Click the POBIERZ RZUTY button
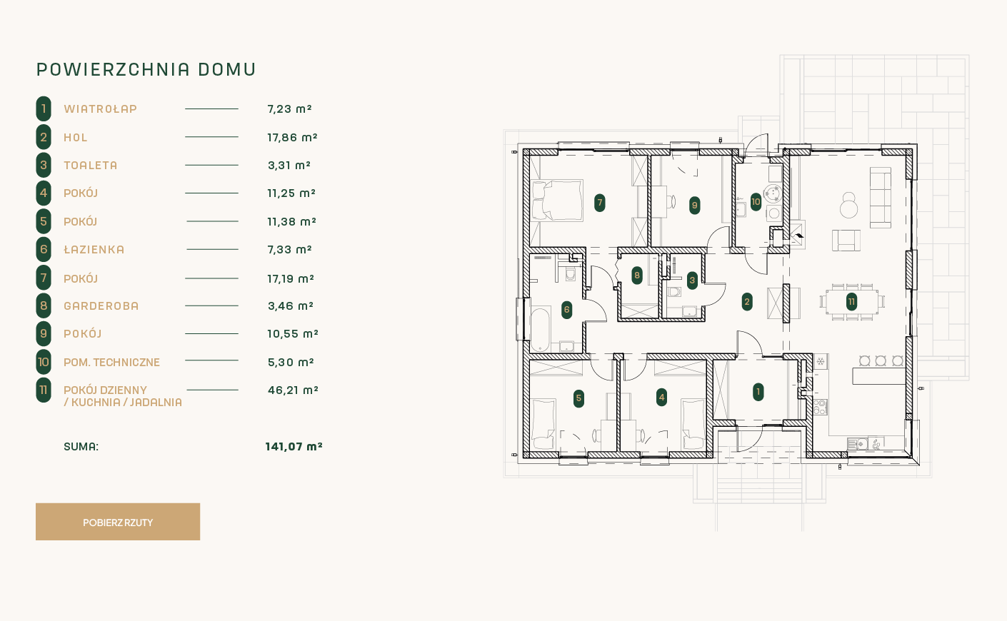118,522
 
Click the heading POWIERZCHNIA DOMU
146,70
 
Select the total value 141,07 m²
294,447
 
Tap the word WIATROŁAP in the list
100,108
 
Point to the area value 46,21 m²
293,390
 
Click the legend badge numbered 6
44,249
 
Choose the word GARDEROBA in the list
101,306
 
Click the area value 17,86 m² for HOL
292,138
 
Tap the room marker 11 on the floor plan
851,301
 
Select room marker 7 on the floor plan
600,203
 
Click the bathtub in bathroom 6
540,329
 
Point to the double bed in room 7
557,201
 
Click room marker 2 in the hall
747,302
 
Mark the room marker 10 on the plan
756,202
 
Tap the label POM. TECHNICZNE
112,362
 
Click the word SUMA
81,447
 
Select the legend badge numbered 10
44,362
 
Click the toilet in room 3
674,291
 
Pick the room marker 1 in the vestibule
758,392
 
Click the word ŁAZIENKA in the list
94,249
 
